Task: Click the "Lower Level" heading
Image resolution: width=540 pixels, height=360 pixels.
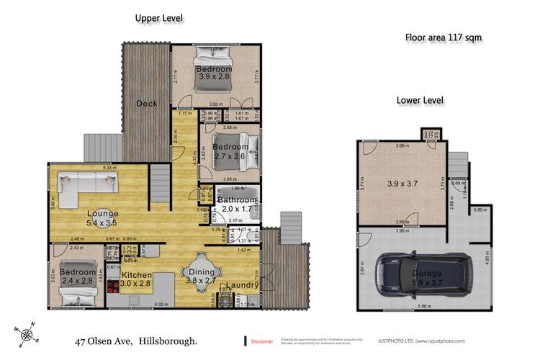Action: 421,100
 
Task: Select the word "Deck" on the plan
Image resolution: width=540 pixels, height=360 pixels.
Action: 147,104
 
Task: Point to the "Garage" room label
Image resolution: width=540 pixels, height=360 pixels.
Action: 427,274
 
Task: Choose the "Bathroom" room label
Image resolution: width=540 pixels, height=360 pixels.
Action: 237,199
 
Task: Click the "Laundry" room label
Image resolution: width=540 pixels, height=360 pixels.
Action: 244,285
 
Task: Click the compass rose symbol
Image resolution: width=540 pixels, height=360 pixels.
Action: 27,333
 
